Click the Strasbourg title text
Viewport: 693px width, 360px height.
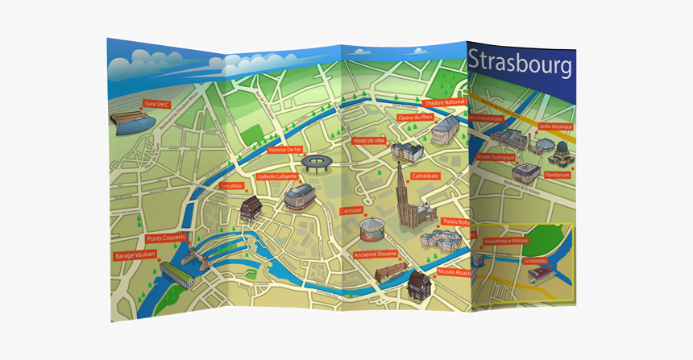[520, 63]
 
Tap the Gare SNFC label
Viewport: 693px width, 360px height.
[156, 104]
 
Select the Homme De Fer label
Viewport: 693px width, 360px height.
[284, 150]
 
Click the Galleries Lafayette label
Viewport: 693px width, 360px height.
[277, 176]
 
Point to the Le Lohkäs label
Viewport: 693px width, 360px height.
[232, 186]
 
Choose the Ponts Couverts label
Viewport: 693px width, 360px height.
[166, 238]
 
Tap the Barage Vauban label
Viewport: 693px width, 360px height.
[135, 255]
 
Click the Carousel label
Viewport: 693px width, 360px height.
[351, 211]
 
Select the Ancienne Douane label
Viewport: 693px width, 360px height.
[376, 254]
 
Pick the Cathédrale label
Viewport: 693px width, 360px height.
[425, 176]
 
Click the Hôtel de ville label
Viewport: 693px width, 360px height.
[368, 141]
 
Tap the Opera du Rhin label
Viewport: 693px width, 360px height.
[415, 118]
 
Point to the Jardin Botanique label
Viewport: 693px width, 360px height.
[555, 126]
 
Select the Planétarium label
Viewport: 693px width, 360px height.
[557, 175]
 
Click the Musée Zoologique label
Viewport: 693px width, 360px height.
[495, 157]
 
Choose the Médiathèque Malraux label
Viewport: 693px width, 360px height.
[506, 241]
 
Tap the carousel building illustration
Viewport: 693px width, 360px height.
[372, 230]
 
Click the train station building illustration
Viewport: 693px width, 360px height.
[131, 122]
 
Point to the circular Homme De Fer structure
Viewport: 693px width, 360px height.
[317, 163]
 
